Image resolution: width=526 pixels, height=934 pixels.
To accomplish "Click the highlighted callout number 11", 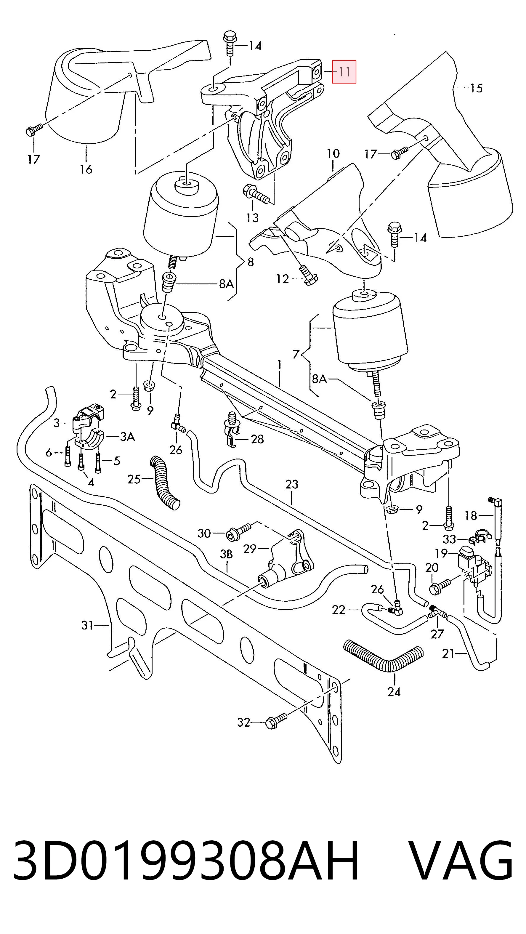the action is pyautogui.click(x=344, y=72).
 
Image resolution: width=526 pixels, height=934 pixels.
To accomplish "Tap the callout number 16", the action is pyautogui.click(x=86, y=169).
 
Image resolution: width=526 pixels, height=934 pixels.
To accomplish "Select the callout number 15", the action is pyautogui.click(x=476, y=88).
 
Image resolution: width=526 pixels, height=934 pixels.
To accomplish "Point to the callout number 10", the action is pyautogui.click(x=333, y=153).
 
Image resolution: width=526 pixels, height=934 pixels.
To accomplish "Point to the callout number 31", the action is pyautogui.click(x=87, y=625).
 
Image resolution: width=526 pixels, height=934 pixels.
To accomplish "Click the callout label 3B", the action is pyautogui.click(x=226, y=554).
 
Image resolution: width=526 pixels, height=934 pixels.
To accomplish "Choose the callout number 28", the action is pyautogui.click(x=257, y=439).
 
